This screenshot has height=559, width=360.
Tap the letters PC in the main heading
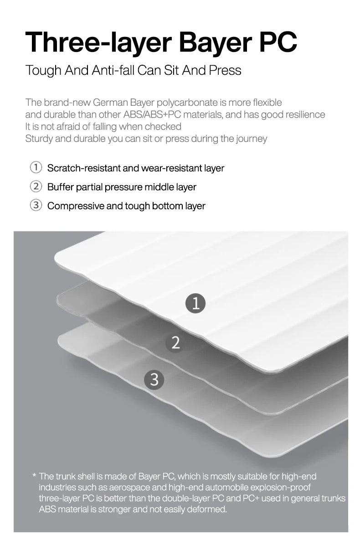coord(278,41)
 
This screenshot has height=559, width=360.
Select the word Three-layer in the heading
coord(98,43)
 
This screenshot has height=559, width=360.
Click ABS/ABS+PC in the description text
coord(152,114)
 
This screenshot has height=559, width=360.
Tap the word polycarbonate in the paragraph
coord(187,103)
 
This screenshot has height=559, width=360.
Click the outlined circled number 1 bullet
coord(36,167)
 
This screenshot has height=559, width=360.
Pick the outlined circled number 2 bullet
coord(36,186)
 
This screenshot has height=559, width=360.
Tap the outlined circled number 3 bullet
coord(36,205)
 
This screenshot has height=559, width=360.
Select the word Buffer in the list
coord(60,187)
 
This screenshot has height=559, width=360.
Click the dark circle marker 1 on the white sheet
coord(195,303)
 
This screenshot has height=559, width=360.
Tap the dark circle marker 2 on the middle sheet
coord(175,342)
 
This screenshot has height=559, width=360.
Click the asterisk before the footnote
coord(35,475)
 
